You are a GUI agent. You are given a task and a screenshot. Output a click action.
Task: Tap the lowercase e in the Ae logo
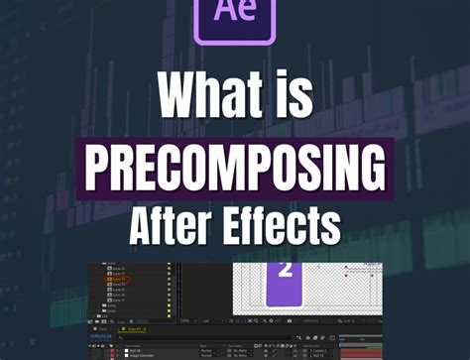246,20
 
